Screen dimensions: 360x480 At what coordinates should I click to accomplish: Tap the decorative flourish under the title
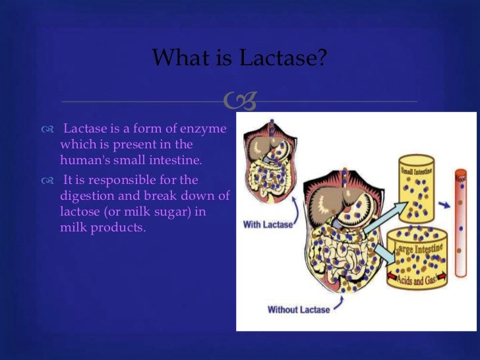[239, 101]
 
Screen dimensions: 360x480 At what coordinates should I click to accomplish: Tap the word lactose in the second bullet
[80, 212]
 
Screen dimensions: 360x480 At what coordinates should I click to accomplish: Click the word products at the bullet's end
[119, 227]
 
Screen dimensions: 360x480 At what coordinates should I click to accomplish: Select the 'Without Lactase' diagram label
[298, 309]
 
